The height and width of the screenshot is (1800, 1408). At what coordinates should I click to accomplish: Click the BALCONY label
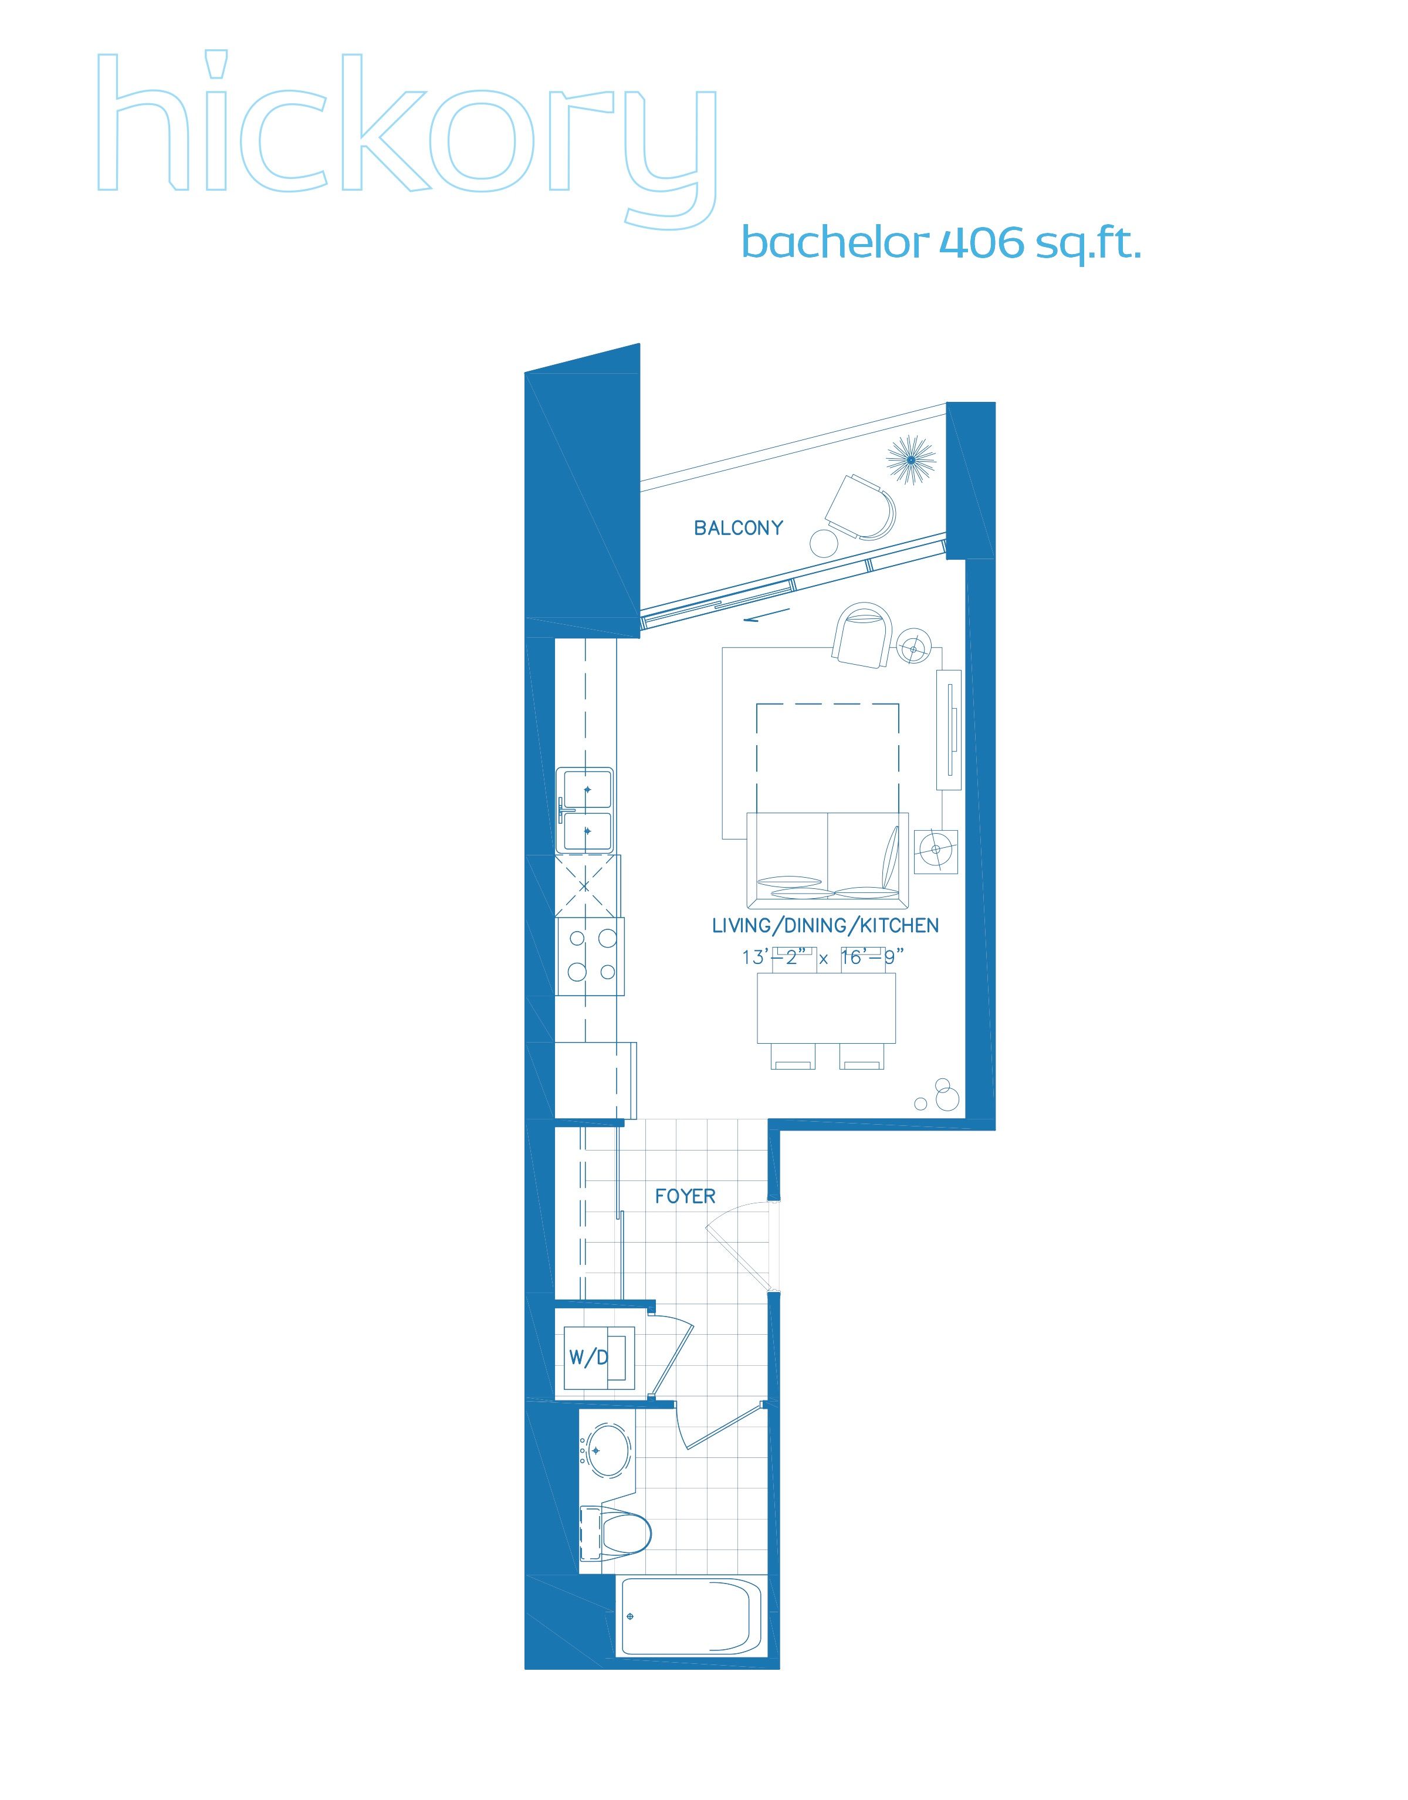click(x=738, y=527)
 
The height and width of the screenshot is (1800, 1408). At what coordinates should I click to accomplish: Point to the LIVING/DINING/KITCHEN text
click(x=825, y=926)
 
